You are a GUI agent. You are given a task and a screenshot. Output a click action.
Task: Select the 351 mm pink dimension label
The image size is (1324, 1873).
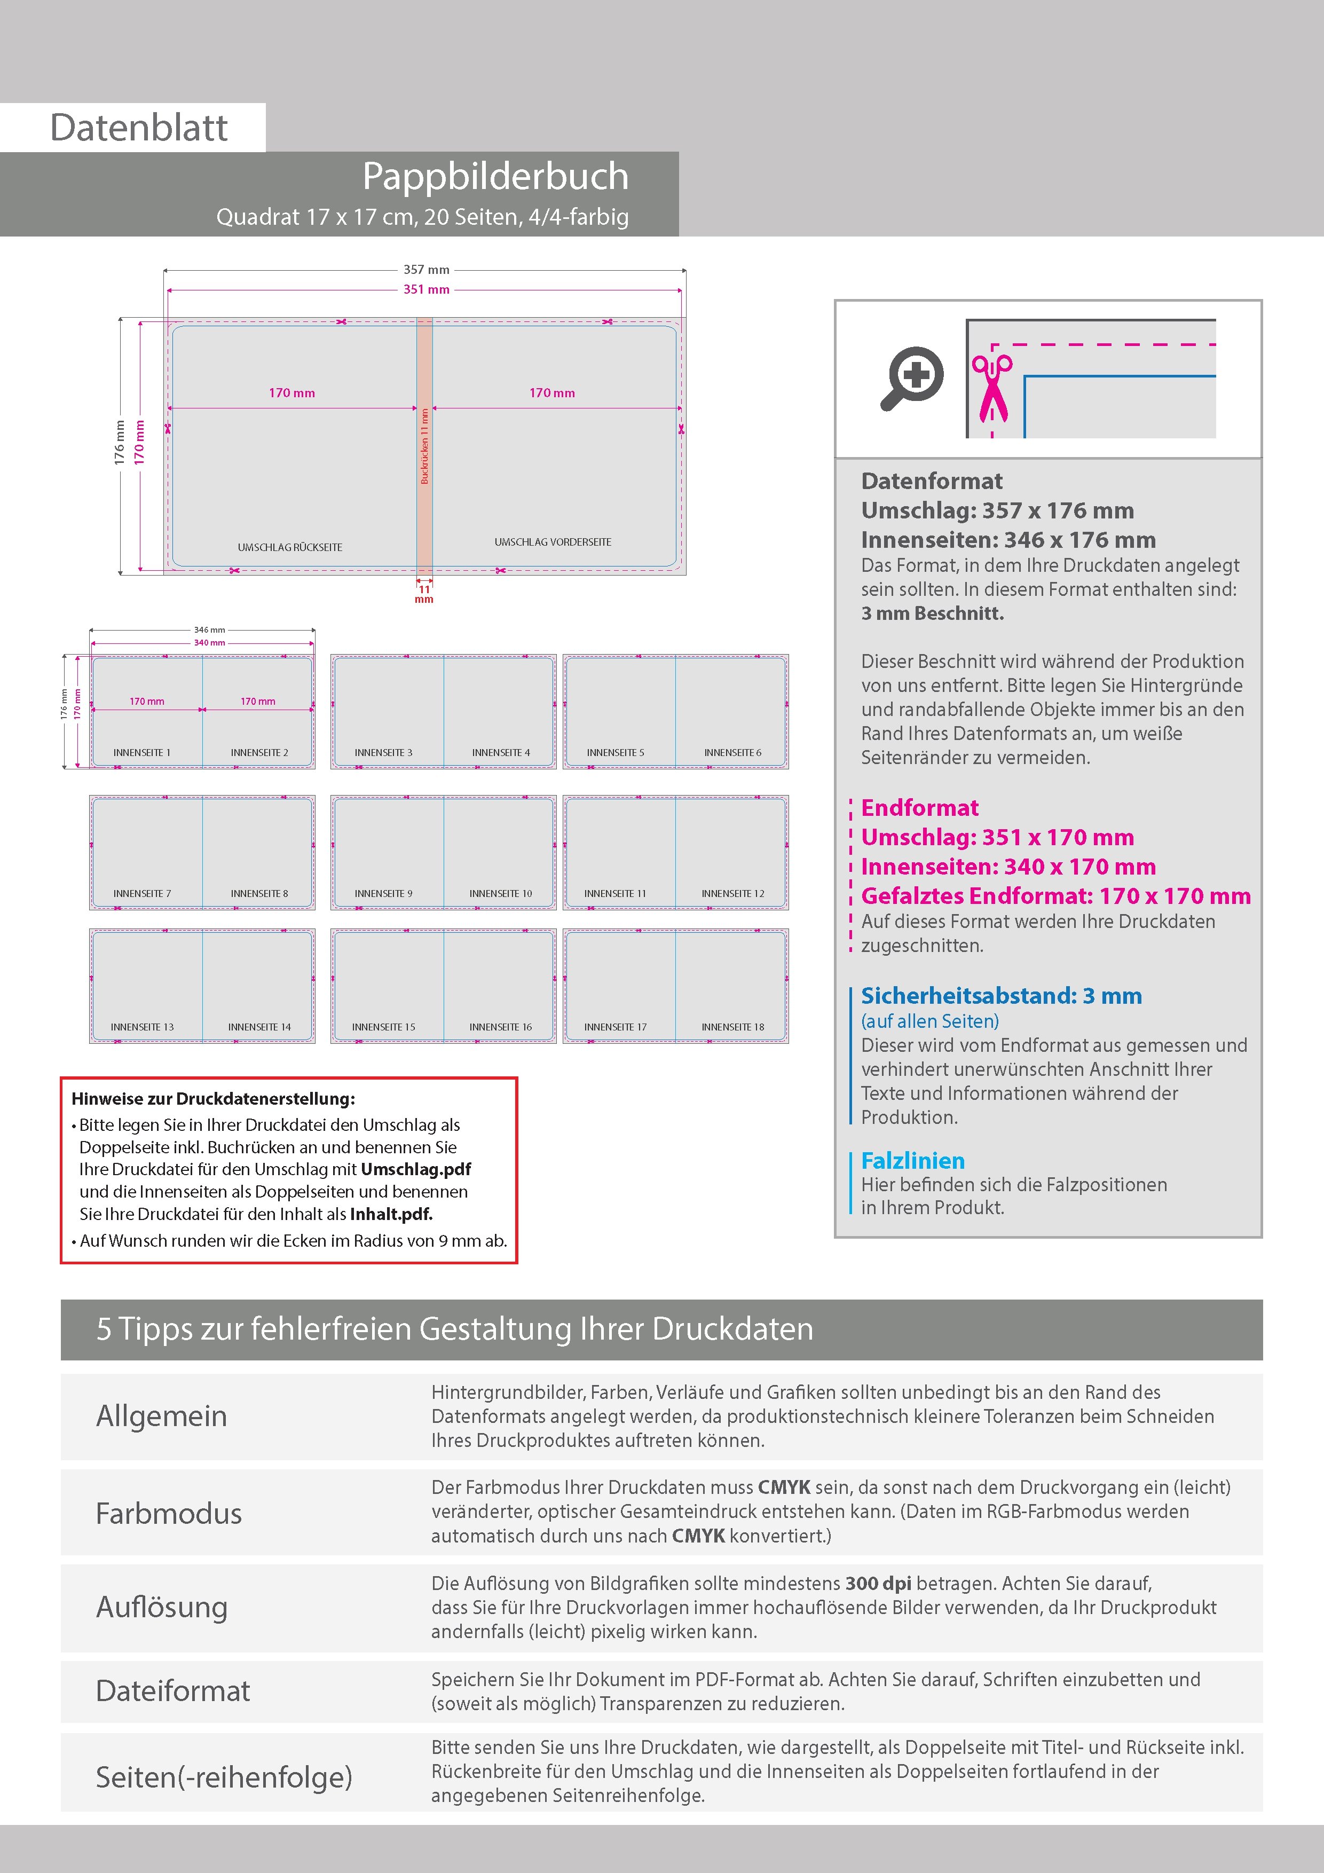[x=426, y=289]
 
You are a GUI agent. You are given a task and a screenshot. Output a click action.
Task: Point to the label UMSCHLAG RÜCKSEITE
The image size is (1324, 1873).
[x=289, y=547]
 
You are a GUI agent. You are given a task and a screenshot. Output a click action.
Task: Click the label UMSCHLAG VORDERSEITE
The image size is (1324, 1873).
[x=552, y=542]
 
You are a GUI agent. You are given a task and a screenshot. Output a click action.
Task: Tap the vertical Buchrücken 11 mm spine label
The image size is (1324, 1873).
[x=424, y=446]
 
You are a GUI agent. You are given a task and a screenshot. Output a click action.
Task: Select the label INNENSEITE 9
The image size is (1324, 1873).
[x=383, y=894]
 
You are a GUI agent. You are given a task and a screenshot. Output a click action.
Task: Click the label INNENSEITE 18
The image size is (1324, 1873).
[x=732, y=1028]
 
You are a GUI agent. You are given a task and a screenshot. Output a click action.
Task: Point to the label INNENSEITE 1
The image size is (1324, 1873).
[x=142, y=753]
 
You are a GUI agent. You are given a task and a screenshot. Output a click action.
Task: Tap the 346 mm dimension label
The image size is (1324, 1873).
[x=210, y=630]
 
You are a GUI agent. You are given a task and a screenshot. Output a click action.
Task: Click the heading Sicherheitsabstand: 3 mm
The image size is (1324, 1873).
[x=1001, y=996]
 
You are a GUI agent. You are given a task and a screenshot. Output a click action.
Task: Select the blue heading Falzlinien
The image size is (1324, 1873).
[x=913, y=1161]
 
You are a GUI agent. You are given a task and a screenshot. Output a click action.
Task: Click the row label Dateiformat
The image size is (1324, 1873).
[x=173, y=1691]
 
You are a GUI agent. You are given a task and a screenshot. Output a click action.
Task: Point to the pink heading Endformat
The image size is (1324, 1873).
[x=919, y=808]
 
